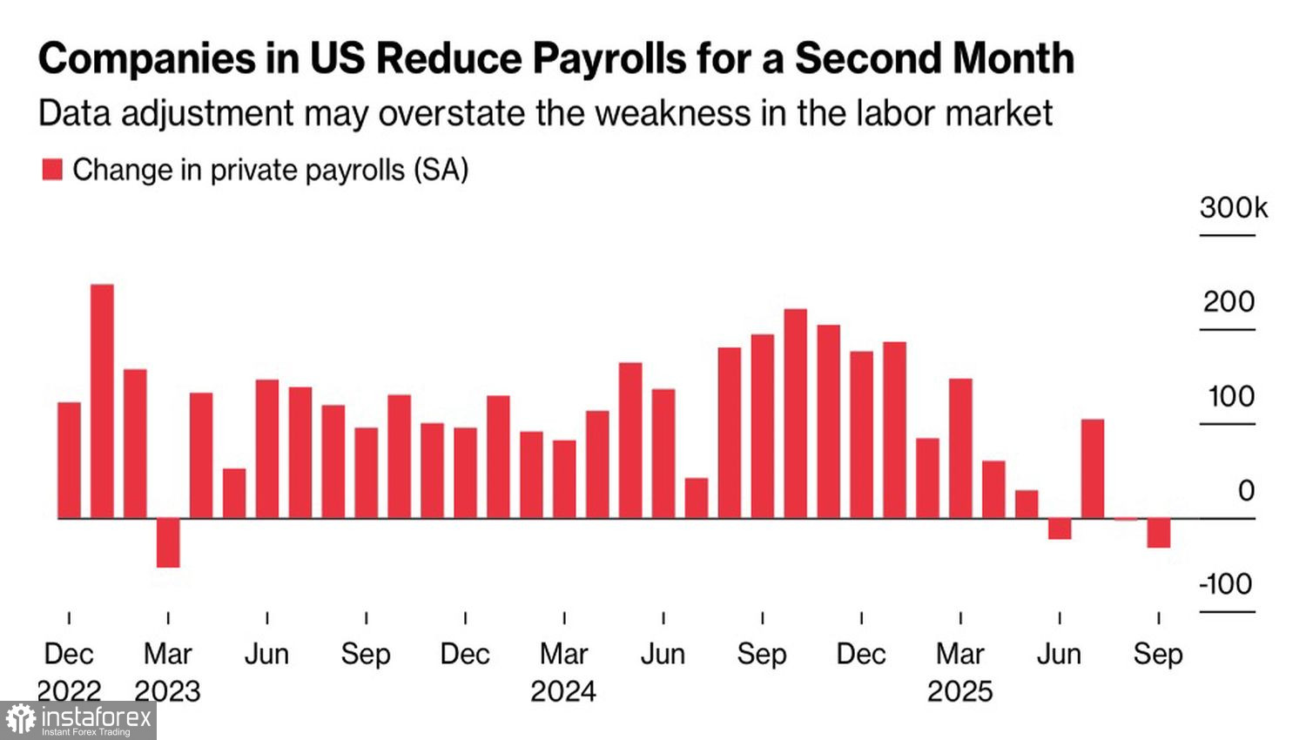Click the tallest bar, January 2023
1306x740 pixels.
(x=102, y=400)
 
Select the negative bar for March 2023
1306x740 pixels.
(x=168, y=542)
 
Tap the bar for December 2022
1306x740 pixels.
(x=69, y=460)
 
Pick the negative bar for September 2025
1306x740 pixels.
(x=1159, y=533)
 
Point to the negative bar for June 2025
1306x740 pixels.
(x=1060, y=528)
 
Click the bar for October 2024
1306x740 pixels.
(x=796, y=414)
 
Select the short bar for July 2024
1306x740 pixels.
(x=697, y=498)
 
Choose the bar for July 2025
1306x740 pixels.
(x=1093, y=468)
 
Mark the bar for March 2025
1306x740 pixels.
(x=960, y=448)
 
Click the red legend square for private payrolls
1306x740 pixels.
(x=52, y=170)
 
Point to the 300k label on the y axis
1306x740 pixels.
(x=1233, y=208)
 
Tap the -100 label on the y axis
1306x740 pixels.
(x=1226, y=583)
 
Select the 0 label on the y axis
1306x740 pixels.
(x=1246, y=490)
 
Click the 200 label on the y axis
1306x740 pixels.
(x=1229, y=302)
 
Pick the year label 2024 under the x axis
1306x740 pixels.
(x=563, y=691)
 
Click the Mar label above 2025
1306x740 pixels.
(x=959, y=654)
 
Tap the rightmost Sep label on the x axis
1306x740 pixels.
(x=1158, y=654)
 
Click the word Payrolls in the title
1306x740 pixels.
(x=609, y=59)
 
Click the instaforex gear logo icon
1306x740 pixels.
(x=20, y=720)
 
